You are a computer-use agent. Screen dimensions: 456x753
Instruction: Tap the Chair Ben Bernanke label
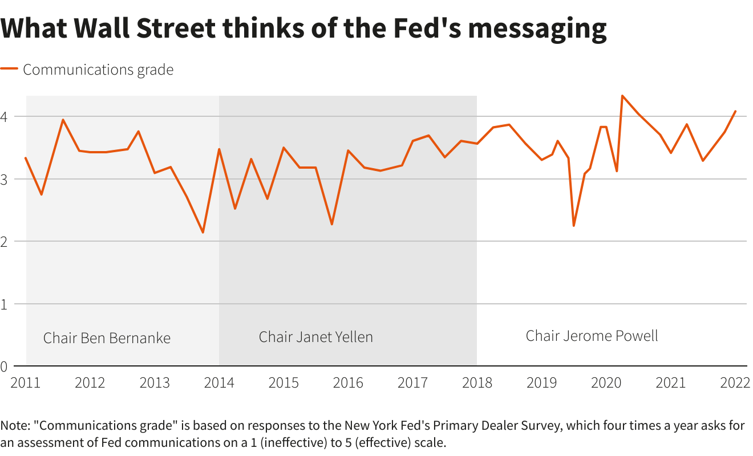coord(107,338)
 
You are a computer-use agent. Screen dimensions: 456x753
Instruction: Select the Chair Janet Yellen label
coord(315,337)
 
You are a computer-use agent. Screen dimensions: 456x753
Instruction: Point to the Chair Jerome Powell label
coord(592,336)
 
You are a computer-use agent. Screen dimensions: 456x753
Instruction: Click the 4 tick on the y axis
coord(5,117)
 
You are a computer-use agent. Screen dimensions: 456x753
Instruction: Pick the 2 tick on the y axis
coord(5,242)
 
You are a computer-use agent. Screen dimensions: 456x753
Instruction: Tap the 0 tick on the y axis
coord(5,367)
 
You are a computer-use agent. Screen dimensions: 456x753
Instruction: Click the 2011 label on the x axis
coord(26,382)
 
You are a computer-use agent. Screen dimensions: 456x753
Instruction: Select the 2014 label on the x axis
coord(219,382)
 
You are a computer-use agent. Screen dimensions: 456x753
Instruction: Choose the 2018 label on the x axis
coord(477,382)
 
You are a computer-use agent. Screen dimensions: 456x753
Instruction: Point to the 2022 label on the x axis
coord(735,382)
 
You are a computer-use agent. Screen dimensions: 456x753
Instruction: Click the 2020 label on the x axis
coord(606,382)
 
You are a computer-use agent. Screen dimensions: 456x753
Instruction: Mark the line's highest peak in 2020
coord(622,96)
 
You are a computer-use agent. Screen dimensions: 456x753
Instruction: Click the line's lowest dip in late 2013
coord(203,233)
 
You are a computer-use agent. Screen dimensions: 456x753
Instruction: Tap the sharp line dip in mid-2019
coord(573,226)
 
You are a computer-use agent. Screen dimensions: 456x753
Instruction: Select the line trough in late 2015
coord(331,224)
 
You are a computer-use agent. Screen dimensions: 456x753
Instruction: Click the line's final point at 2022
coord(735,111)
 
